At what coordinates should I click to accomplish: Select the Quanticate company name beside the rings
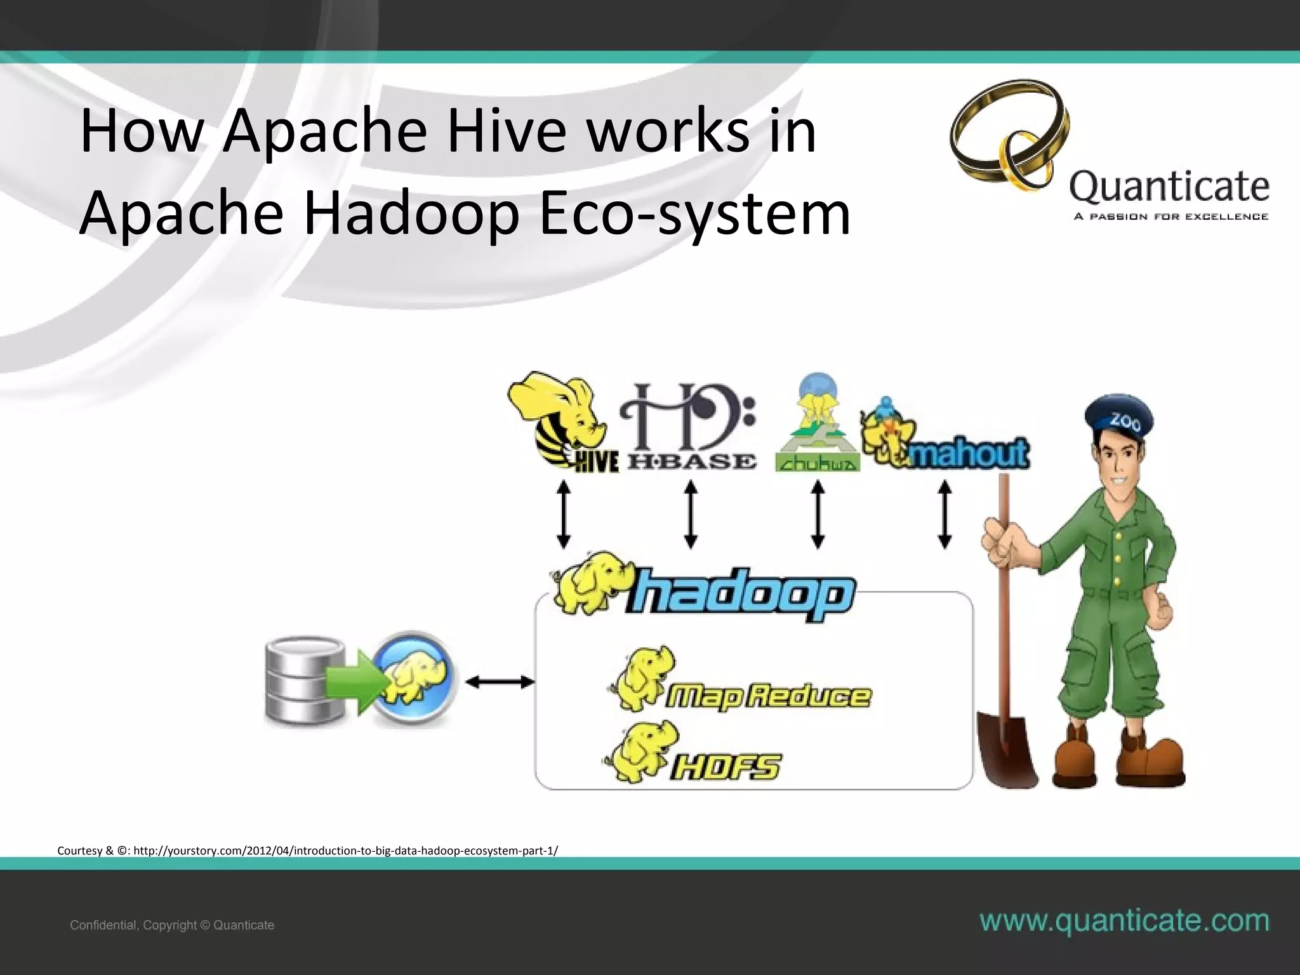click(x=1169, y=187)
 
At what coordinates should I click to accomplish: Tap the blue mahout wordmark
click(x=968, y=453)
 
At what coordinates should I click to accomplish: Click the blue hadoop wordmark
click(x=740, y=594)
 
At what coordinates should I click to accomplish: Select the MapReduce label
click(x=768, y=696)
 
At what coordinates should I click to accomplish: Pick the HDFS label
click(x=726, y=766)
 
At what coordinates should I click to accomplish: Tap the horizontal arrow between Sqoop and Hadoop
click(x=500, y=682)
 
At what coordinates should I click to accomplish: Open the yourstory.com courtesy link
click(x=345, y=851)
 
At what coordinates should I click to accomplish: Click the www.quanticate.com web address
click(x=1124, y=921)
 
